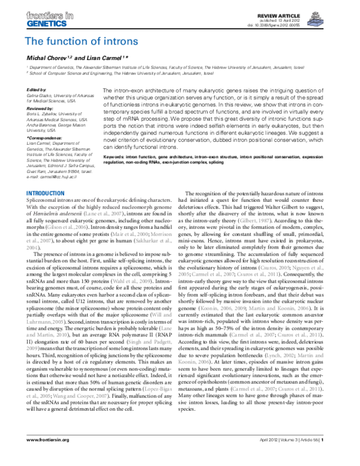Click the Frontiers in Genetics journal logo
click(46, 19)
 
